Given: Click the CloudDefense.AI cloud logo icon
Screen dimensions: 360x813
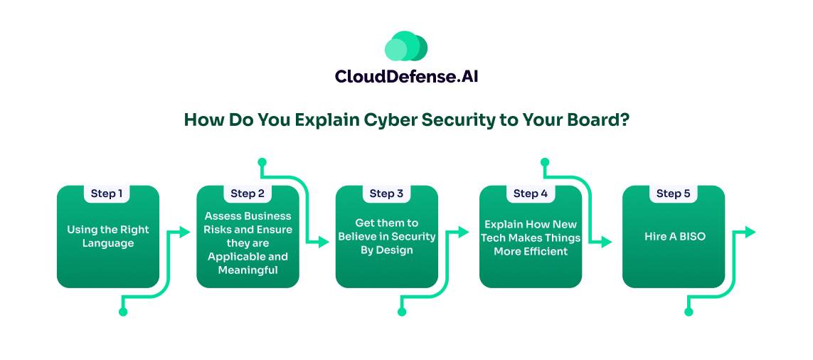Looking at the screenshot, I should [x=406, y=46].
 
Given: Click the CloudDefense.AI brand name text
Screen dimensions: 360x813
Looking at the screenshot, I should [x=406, y=75].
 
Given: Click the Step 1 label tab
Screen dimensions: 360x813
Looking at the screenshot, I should [x=107, y=194].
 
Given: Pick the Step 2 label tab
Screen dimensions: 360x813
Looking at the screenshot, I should [x=248, y=194].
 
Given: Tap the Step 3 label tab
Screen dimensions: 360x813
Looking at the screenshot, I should [x=386, y=194].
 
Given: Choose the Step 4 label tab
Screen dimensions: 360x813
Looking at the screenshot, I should [x=531, y=194].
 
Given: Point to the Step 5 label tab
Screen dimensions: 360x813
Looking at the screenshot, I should [x=673, y=194].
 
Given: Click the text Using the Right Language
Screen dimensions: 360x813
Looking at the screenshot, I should [x=108, y=236].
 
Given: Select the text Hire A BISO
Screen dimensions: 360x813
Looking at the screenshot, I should [x=674, y=236].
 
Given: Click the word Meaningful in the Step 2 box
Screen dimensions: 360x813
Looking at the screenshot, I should [x=248, y=270].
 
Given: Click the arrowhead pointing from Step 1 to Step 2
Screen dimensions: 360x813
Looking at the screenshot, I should [x=185, y=232].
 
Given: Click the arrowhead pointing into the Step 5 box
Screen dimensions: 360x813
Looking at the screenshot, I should [x=607, y=242].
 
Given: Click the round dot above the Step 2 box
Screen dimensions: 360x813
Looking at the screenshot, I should [x=262, y=162].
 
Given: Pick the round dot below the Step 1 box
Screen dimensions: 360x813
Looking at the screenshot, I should [x=123, y=312].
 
